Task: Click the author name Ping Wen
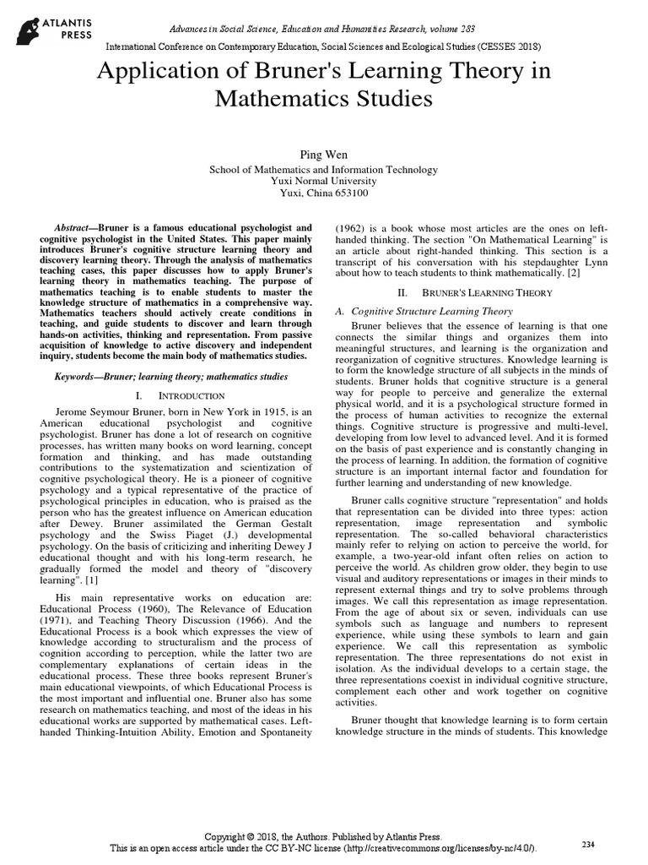point(323,154)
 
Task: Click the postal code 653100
point(349,193)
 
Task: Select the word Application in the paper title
point(152,72)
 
